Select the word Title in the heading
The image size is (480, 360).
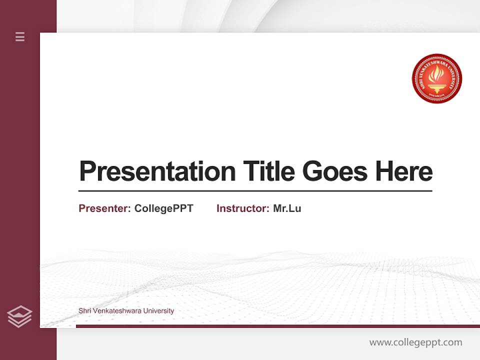click(x=268, y=171)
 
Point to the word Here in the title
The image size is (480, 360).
click(x=404, y=171)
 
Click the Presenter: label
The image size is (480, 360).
click(x=105, y=208)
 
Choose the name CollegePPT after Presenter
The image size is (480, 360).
click(x=163, y=208)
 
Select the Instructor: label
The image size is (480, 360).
click(x=243, y=208)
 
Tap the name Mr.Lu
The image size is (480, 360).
click(x=287, y=208)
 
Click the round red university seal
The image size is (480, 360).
click(x=436, y=79)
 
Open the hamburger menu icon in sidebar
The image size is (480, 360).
click(x=20, y=36)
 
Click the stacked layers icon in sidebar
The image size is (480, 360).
click(x=19, y=316)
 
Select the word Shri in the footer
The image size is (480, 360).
click(x=84, y=311)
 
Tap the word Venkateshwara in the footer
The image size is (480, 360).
click(x=117, y=311)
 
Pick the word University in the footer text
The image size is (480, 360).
click(x=158, y=311)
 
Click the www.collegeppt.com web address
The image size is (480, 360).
click(x=415, y=342)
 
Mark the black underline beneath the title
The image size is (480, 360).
click(x=255, y=191)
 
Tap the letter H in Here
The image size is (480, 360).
click(x=383, y=171)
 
